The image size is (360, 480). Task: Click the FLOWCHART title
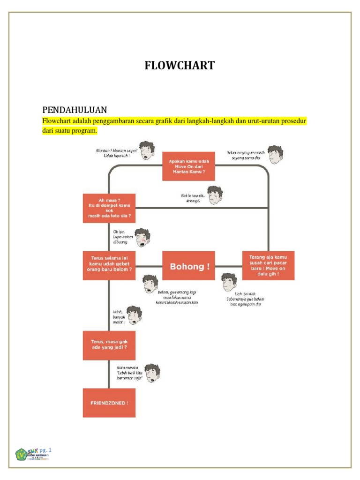tap(180, 66)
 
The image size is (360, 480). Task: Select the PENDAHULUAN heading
tap(75, 110)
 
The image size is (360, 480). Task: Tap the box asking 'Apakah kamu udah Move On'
tap(189, 166)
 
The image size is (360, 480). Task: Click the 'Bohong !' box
tap(189, 266)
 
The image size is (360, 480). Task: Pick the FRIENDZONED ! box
tap(109, 403)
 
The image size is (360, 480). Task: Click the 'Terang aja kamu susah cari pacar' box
tap(268, 265)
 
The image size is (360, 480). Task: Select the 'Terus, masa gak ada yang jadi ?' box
tap(109, 345)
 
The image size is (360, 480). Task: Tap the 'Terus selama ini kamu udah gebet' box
tap(109, 266)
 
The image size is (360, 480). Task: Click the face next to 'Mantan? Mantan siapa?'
tap(147, 150)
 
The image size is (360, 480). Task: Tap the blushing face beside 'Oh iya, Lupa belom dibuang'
tap(142, 238)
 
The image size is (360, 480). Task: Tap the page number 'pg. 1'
tap(46, 450)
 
